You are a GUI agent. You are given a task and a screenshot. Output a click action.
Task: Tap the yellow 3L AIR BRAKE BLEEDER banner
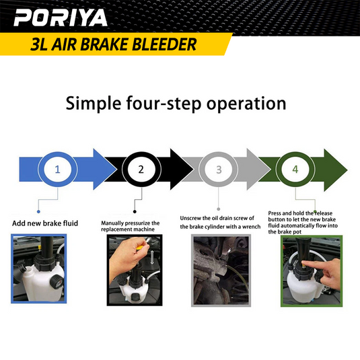pos(114,45)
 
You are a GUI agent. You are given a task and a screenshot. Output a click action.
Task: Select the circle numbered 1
pos(57,170)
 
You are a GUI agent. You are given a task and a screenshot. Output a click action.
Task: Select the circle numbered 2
pos(141,170)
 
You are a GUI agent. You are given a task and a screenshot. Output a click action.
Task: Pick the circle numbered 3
pos(219,170)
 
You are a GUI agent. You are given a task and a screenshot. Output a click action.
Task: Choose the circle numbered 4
pos(295,170)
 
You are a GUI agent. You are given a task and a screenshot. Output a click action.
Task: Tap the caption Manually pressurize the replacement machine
pos(131,226)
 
